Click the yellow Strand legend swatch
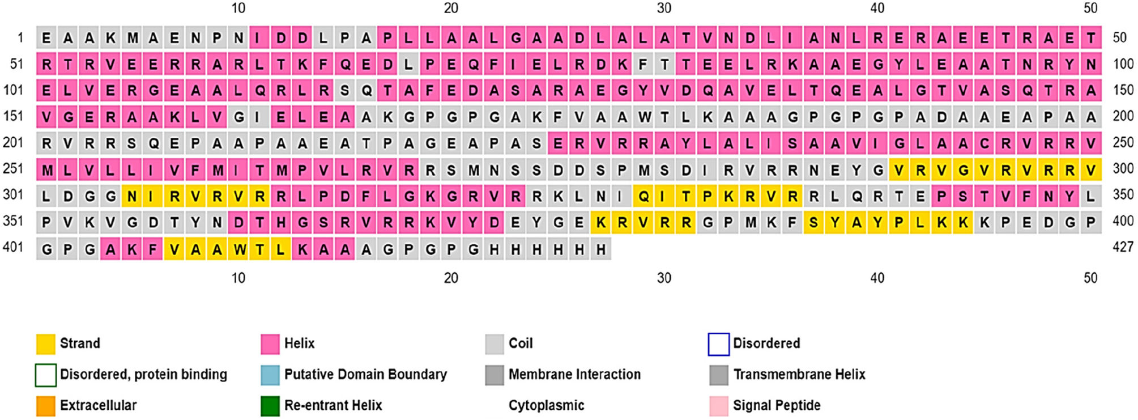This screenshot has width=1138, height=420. [x=45, y=343]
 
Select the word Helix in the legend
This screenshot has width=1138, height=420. [x=299, y=343]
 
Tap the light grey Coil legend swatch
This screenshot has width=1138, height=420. [x=495, y=343]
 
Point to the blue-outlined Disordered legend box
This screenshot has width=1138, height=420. [x=718, y=344]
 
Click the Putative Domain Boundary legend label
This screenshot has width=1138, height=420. [x=365, y=375]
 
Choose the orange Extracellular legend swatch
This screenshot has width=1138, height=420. [x=45, y=406]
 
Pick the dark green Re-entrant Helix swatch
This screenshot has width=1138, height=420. [x=270, y=406]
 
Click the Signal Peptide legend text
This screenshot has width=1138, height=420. [x=776, y=406]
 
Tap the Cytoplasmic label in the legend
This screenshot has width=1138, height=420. [x=546, y=406]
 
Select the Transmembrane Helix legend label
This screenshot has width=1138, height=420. [x=799, y=375]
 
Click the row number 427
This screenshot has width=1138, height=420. [x=1122, y=247]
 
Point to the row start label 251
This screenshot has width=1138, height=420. [x=13, y=168]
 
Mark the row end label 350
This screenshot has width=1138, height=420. [x=1123, y=194]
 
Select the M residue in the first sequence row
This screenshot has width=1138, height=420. [x=132, y=38]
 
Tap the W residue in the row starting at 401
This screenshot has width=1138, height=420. [x=238, y=249]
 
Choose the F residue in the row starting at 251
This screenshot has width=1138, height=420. [x=196, y=169]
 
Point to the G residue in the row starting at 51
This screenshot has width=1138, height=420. [x=877, y=65]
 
